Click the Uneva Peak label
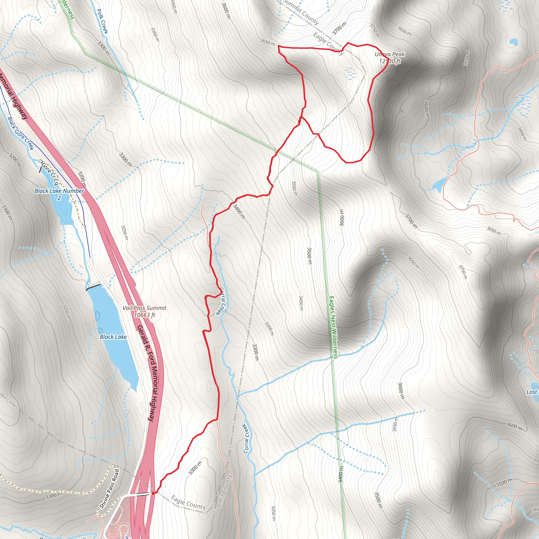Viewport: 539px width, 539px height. [390, 54]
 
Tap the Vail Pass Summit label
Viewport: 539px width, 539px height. [144, 308]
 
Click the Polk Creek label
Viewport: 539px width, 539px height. [102, 21]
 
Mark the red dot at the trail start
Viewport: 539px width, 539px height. [153, 493]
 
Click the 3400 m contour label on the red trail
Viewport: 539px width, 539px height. [239, 211]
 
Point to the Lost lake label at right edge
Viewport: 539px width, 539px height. [531, 392]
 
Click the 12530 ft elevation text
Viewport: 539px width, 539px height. [390, 61]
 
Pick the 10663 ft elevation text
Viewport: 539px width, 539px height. [144, 315]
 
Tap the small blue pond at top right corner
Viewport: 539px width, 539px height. [513, 42]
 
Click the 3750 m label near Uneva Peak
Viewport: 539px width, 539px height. [375, 30]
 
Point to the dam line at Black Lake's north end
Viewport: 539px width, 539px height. [93, 287]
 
